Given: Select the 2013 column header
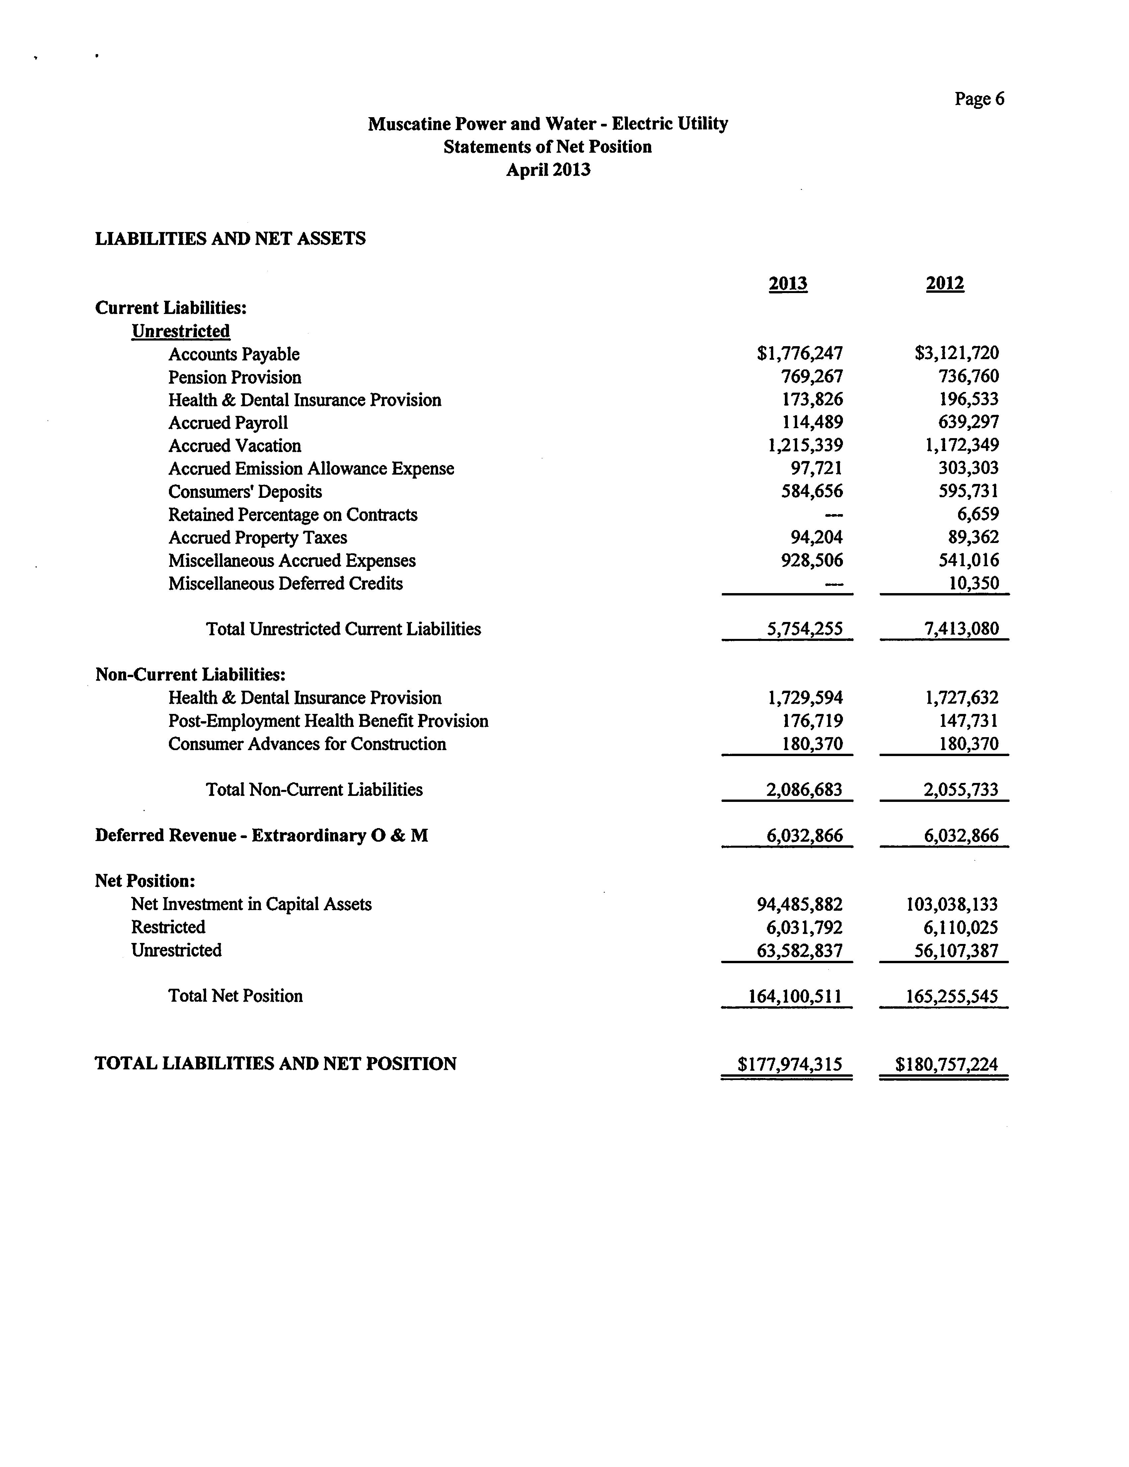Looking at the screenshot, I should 788,283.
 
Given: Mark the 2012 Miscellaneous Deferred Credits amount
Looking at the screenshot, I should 973,583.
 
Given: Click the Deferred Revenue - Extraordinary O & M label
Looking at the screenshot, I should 261,836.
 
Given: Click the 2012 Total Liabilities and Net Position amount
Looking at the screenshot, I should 946,1064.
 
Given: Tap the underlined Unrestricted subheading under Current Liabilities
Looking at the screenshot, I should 181,331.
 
